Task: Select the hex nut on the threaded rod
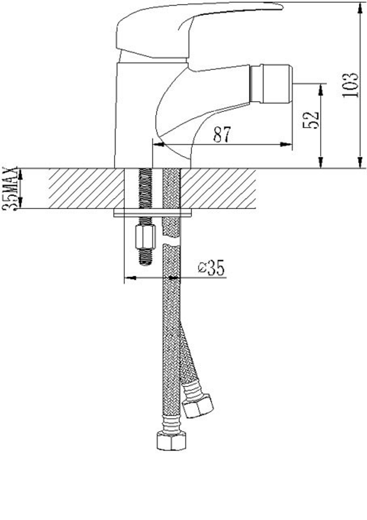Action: (x=144, y=237)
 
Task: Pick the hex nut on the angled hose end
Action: (x=198, y=406)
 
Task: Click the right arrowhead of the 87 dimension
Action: (x=286, y=144)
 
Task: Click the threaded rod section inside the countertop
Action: (x=145, y=187)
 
